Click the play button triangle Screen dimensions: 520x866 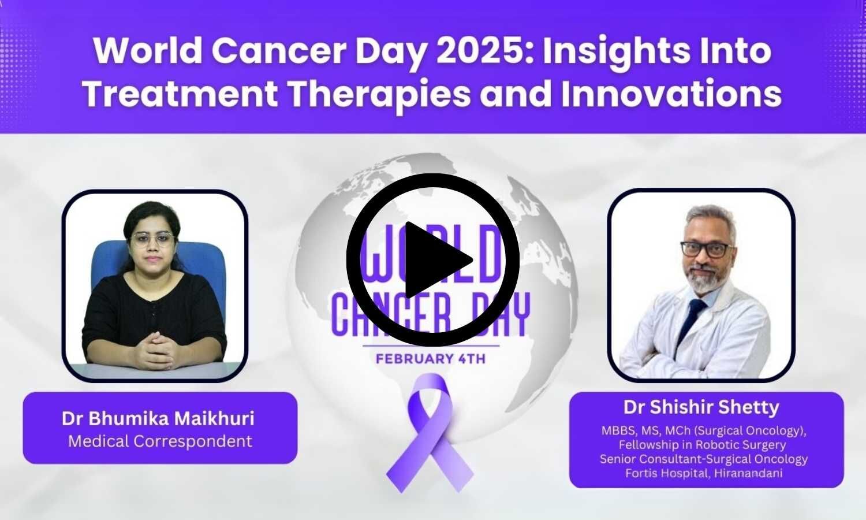pos(436,260)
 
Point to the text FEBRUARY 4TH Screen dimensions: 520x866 pos(431,359)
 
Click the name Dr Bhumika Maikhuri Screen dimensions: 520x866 pos(158,418)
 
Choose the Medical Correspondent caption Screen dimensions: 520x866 pos(160,441)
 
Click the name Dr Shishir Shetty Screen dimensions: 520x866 pos(701,407)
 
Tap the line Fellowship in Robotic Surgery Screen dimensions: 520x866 pos(702,445)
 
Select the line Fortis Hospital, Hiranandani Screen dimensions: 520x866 pos(704,473)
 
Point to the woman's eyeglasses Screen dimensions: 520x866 pos(152,239)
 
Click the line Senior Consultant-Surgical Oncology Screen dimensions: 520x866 pos(703,459)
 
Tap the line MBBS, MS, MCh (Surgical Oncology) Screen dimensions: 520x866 pos(703,430)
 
